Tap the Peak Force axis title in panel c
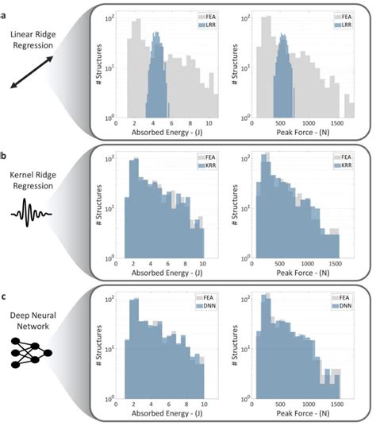pyautogui.click(x=301, y=416)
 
